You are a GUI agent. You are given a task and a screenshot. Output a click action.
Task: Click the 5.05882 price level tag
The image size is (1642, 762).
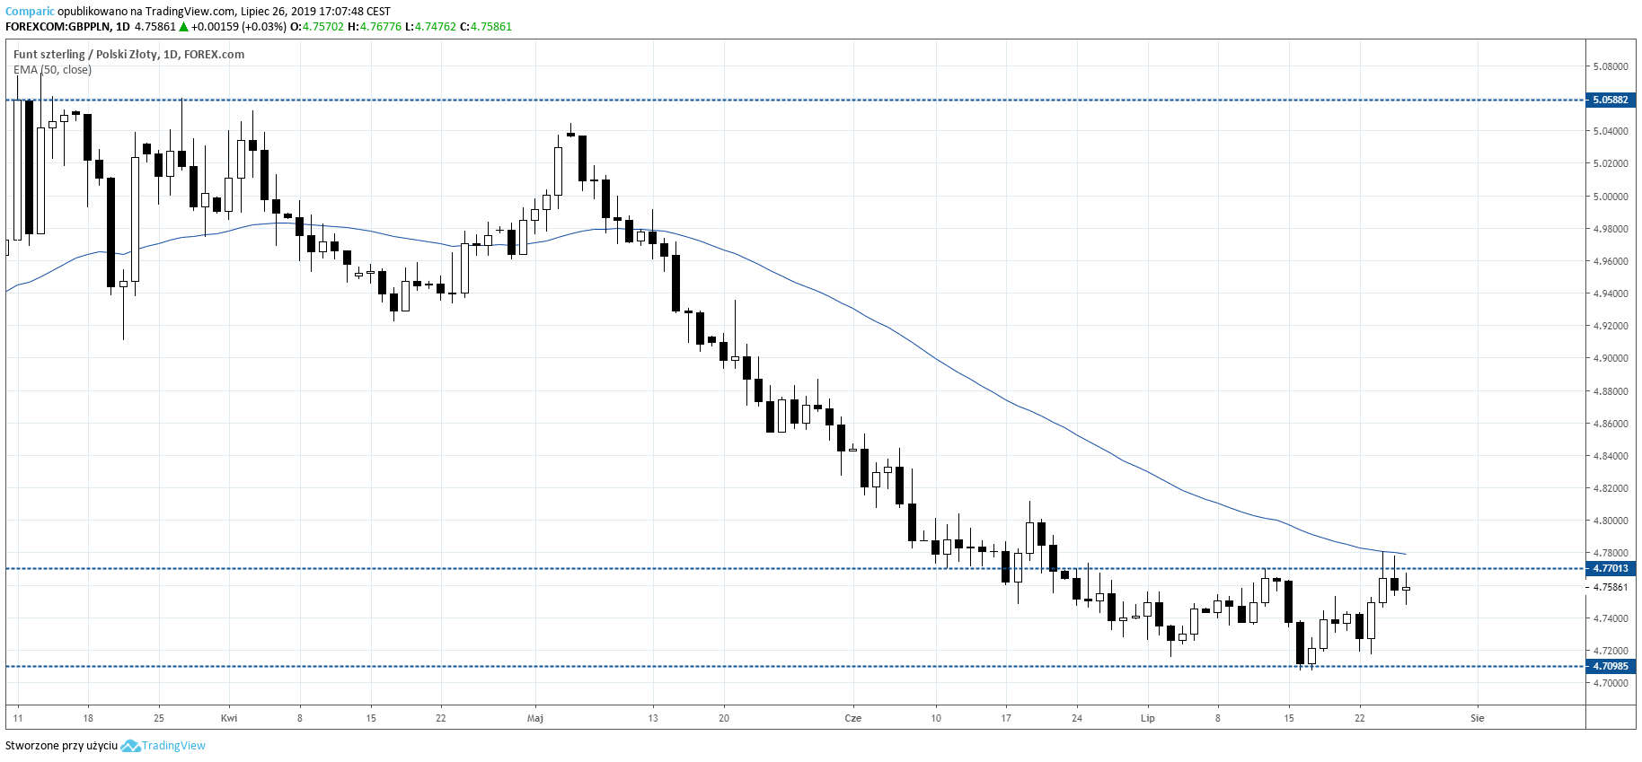pos(1610,100)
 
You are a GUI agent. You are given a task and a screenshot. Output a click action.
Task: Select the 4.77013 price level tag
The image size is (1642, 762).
pos(1610,568)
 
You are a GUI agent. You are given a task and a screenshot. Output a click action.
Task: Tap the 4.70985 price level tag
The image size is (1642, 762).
pos(1610,666)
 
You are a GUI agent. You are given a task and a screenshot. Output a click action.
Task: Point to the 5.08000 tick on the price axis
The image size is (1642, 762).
pos(1610,66)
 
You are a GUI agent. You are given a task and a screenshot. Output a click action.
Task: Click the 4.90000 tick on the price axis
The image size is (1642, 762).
pos(1610,358)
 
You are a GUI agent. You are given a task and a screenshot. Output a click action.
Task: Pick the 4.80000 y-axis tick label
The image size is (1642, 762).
pos(1610,521)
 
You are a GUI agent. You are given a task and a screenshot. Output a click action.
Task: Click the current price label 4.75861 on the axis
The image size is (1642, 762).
pos(1610,587)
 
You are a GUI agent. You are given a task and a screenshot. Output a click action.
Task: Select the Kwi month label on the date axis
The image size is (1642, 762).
pos(229,718)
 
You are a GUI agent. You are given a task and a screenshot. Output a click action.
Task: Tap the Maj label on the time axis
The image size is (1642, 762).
pos(535,718)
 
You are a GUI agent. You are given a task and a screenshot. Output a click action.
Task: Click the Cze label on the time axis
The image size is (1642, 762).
pos(853,718)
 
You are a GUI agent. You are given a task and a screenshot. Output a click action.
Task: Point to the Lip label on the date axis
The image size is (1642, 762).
pos(1147,718)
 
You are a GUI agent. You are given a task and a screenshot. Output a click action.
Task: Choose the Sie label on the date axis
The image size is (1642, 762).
pos(1478,718)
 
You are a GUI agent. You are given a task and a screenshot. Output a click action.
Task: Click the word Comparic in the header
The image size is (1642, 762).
pos(30,12)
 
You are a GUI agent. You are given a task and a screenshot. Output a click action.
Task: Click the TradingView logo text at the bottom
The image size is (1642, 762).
pos(173,746)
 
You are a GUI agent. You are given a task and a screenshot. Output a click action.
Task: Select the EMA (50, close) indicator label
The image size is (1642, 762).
pos(52,70)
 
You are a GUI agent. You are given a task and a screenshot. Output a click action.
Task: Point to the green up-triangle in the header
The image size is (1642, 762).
pos(183,27)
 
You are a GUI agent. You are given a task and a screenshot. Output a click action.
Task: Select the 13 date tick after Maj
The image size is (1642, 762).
pos(653,718)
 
